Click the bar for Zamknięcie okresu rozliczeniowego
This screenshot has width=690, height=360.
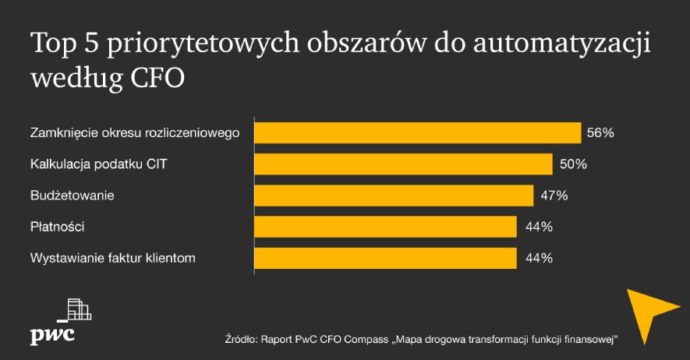pyautogui.click(x=418, y=132)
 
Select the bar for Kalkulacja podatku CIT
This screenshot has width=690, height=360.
pyautogui.click(x=403, y=164)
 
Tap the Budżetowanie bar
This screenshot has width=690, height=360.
pyautogui.click(x=394, y=195)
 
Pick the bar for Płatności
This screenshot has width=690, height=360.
pyautogui.click(x=385, y=227)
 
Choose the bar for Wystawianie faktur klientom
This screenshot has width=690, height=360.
pyautogui.click(x=385, y=258)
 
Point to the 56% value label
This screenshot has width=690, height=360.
pyautogui.click(x=601, y=133)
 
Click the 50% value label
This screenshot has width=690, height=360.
pyautogui.click(x=572, y=164)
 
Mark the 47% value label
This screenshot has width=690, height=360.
pyautogui.click(x=554, y=196)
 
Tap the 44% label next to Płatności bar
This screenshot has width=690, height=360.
pyautogui.click(x=537, y=227)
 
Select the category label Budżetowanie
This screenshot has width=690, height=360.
pyautogui.click(x=73, y=196)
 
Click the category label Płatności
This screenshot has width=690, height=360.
pyautogui.click(x=57, y=227)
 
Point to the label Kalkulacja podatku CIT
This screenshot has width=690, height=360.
pyautogui.click(x=98, y=164)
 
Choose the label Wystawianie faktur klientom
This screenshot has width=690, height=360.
pyautogui.click(x=113, y=258)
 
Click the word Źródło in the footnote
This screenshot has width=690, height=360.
pyautogui.click(x=240, y=339)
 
